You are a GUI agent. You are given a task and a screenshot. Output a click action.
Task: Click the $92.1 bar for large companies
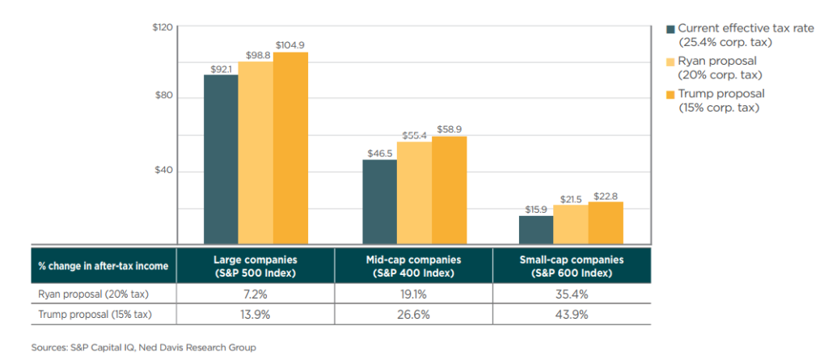pos(221,159)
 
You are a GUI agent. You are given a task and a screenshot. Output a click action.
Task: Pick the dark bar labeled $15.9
pos(536,229)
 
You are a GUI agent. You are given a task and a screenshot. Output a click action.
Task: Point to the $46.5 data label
pos(379,151)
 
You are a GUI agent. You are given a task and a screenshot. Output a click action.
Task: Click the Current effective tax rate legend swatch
pos(670,29)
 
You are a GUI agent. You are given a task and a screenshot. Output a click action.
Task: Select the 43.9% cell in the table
pos(571,314)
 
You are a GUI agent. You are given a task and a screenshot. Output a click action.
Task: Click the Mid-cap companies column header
pos(413,265)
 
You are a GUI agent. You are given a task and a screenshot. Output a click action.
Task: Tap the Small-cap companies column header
pos(571,265)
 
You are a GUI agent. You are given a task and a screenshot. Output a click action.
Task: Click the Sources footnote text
pos(144,348)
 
